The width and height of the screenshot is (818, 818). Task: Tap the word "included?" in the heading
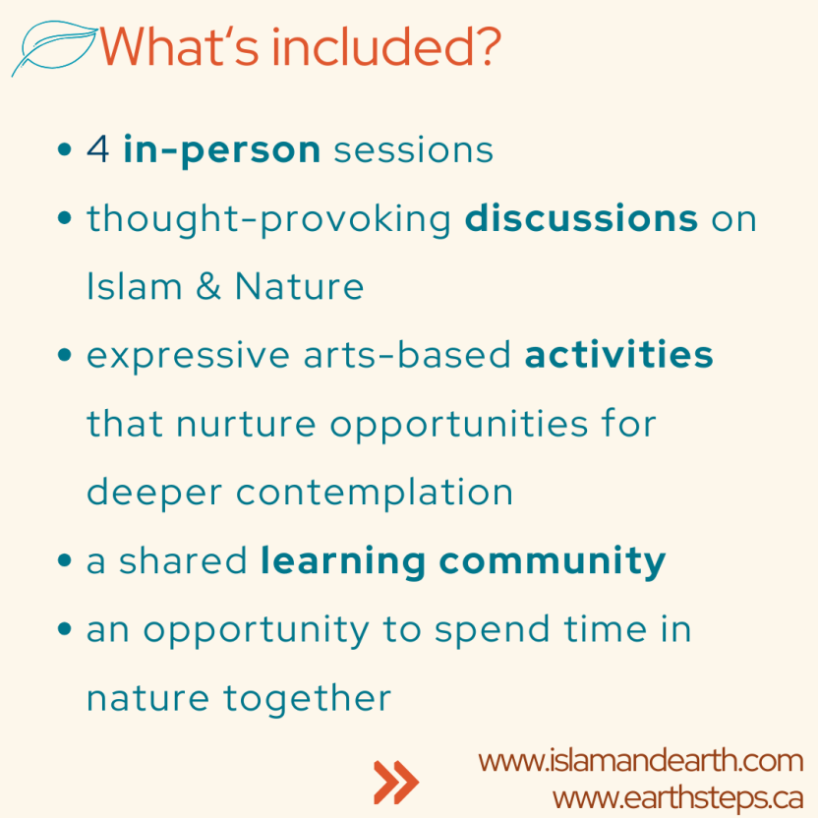[x=386, y=46]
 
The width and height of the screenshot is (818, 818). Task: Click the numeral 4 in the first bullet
[x=98, y=149]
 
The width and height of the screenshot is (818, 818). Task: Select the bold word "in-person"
[x=222, y=150]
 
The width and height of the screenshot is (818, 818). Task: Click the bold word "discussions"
[x=581, y=218]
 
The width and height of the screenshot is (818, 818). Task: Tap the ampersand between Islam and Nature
[x=208, y=286]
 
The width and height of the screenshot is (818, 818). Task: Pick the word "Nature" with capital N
[x=300, y=286]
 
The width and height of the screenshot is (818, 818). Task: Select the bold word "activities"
[x=618, y=355]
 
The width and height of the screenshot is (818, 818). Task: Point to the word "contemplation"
[x=375, y=492]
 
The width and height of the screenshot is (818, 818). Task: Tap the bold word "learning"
[x=343, y=561]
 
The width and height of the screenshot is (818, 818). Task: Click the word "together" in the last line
[x=308, y=698]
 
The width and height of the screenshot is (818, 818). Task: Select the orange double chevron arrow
[x=396, y=782]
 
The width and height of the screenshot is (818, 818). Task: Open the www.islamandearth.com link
[x=641, y=761]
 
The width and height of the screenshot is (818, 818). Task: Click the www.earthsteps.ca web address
[x=677, y=798]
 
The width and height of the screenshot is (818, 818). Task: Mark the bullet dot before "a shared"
[x=64, y=560]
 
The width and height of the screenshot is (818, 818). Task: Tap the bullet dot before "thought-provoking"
[x=64, y=218]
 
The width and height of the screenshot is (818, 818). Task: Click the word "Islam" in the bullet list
[x=134, y=286]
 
